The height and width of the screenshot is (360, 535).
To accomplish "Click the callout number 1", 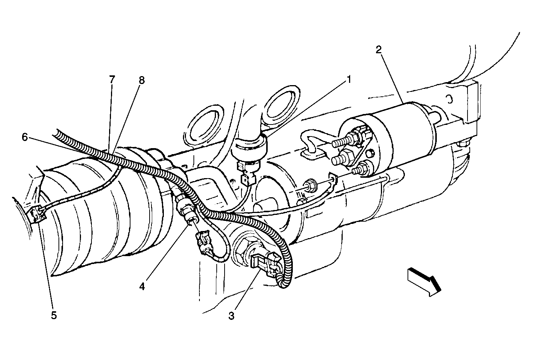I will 349,79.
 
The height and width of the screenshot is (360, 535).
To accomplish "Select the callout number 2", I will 379,49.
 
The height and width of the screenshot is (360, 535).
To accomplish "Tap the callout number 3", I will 231,316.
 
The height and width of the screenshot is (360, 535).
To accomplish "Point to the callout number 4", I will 142,286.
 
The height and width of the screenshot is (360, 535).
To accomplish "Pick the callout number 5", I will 54,315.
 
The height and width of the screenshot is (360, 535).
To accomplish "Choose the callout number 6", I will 25,137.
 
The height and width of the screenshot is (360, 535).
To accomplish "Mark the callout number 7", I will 112,79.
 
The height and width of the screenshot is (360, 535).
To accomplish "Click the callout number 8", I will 141,80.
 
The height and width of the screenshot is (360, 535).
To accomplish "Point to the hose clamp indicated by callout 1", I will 249,146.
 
